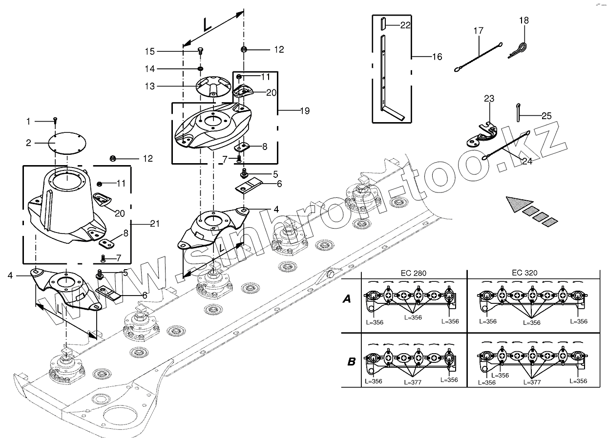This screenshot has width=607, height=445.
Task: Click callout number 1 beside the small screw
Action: coord(28,121)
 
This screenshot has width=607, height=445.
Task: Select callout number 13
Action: coord(149,86)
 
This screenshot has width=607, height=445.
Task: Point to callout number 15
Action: coord(149,51)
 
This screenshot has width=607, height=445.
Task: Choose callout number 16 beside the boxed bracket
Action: coord(437,57)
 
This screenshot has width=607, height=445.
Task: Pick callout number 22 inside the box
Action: coord(405,25)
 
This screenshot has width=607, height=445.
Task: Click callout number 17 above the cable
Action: coord(478,31)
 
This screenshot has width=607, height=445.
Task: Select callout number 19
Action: coord(304,111)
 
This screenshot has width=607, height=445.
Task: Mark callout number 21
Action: coord(154,224)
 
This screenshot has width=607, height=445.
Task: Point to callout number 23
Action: coord(489,99)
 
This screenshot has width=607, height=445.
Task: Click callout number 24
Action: coord(526,162)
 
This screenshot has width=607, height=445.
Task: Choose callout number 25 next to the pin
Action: coord(546,116)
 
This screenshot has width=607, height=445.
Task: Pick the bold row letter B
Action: coord(351,362)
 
